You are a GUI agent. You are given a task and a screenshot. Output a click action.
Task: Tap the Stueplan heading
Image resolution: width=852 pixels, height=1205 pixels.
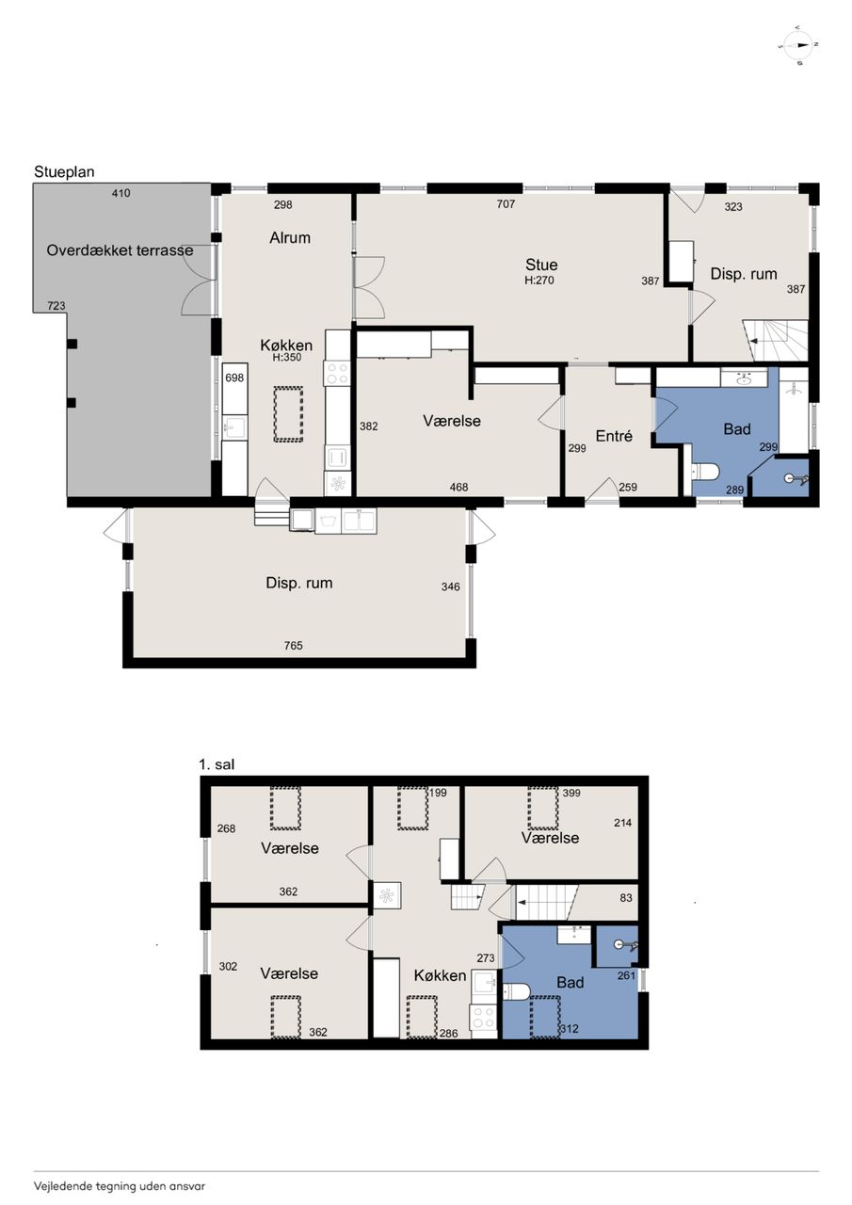pos(64,172)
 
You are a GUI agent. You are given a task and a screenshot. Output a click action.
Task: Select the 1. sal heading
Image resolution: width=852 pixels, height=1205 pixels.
pos(217,764)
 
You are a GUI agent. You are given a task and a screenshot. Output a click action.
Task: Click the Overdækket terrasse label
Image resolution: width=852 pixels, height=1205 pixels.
pos(120,250)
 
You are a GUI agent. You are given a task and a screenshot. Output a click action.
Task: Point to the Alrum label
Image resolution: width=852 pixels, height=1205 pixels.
pos(290,238)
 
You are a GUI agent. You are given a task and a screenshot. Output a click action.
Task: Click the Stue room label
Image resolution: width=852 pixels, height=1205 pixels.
pos(541,265)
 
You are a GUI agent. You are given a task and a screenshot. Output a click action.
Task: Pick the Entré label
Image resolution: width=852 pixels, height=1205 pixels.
pos(614,436)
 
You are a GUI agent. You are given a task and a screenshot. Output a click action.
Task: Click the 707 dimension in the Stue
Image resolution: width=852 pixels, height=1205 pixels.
pos(506,204)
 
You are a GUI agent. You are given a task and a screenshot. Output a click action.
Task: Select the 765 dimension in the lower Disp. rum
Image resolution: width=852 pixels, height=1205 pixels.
pos(293,646)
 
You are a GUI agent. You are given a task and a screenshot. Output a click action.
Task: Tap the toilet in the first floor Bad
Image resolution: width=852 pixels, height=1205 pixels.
pos(516,990)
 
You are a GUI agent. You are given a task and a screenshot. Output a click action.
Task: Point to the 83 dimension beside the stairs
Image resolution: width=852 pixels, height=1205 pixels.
pos(625,898)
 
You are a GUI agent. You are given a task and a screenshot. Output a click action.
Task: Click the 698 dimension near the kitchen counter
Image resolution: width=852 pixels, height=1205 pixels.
pos(234,378)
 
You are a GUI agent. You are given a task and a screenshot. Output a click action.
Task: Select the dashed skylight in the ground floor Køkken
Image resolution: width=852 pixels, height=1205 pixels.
pos(288,414)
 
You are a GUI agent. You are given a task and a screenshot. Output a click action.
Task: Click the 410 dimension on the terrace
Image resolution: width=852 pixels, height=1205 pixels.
pos(121,193)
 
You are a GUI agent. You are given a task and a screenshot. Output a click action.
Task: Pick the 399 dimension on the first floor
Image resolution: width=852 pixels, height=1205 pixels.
pos(571,793)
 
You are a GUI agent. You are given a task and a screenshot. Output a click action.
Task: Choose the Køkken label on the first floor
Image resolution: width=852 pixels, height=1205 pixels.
pos(440,976)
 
